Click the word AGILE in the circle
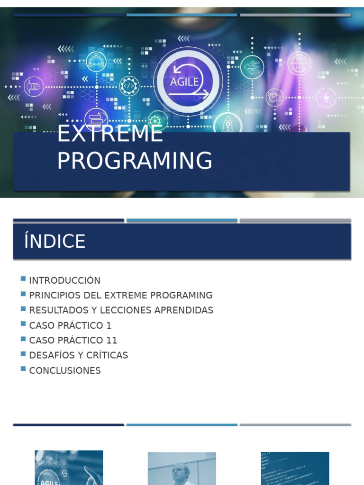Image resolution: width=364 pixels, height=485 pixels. [x=184, y=81]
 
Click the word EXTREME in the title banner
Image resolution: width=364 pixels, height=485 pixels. [x=110, y=134]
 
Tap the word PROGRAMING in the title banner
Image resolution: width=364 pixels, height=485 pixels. [x=135, y=161]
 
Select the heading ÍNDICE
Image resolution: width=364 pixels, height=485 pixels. [x=55, y=242]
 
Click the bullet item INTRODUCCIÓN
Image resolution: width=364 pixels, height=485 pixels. [x=65, y=280]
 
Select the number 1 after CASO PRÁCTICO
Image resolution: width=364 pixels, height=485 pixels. [x=109, y=325]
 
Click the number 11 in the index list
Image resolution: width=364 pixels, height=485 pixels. [x=112, y=341]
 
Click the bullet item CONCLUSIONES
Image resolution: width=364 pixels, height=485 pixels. [x=65, y=370]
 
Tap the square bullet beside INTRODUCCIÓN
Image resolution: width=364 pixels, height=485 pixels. [x=23, y=279]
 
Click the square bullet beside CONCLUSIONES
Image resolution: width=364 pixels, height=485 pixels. [x=23, y=369]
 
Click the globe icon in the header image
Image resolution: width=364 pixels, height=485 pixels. [x=299, y=63]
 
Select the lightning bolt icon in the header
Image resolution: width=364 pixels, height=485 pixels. [x=326, y=98]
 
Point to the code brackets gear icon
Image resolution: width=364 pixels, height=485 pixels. [x=129, y=86]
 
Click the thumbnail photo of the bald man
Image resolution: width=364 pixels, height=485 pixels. [x=182, y=468]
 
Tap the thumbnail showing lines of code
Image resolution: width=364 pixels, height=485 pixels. [x=295, y=468]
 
